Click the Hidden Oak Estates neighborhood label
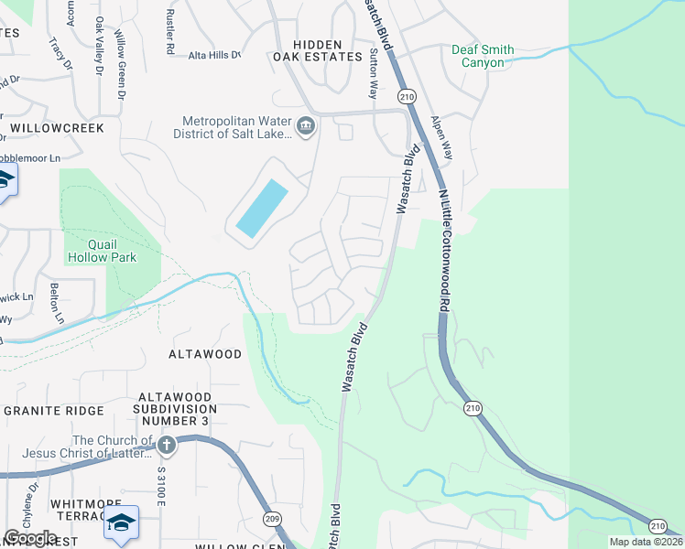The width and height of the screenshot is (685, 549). [x=318, y=50]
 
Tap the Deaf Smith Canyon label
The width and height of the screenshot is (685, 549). [x=483, y=57]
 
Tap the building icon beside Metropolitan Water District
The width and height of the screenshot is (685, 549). [x=306, y=125]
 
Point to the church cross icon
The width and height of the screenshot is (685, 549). [x=166, y=446]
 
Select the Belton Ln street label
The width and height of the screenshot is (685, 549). [x=58, y=303]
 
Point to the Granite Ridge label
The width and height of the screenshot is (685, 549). [x=55, y=411]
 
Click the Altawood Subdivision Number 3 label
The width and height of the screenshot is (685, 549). [x=172, y=409]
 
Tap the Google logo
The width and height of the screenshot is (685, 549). [x=30, y=537]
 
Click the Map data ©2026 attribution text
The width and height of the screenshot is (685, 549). [x=645, y=542]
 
